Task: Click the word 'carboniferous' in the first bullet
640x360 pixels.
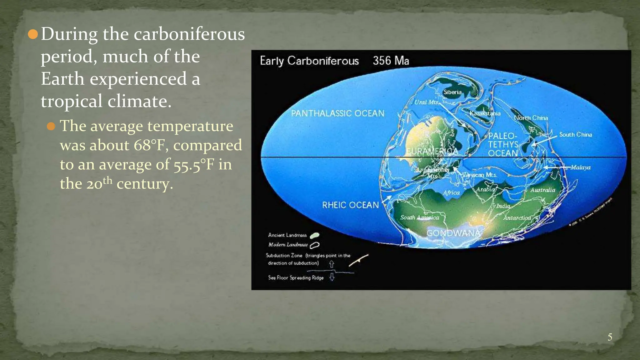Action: [x=189, y=34]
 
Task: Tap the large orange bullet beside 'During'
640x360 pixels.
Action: [x=33, y=34]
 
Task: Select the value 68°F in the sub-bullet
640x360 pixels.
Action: [x=151, y=145]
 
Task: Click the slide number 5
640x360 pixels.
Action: [x=610, y=337]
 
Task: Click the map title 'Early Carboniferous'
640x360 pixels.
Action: [x=309, y=61]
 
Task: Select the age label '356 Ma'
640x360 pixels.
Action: [x=391, y=60]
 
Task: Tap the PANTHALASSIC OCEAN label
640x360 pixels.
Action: [x=337, y=113]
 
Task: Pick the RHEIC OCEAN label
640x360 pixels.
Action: [x=350, y=205]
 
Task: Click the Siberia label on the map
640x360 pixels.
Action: [x=452, y=92]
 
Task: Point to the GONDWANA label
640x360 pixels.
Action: [x=453, y=233]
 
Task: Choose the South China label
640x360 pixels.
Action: [x=575, y=135]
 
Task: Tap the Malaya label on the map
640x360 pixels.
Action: [x=580, y=167]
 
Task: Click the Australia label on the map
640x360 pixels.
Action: [x=542, y=190]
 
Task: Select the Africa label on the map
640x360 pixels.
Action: [x=451, y=193]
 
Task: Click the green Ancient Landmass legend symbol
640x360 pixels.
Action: [x=314, y=235]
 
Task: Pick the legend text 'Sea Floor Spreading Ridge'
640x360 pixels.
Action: [x=296, y=277]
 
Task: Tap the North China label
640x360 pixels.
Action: [x=531, y=118]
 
